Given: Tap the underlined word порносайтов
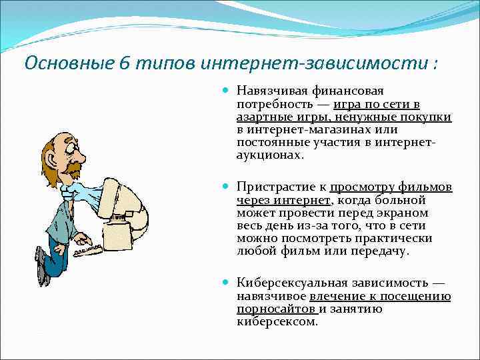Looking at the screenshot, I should click(x=275, y=309).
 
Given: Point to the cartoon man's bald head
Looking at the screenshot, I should click(x=67, y=137).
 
